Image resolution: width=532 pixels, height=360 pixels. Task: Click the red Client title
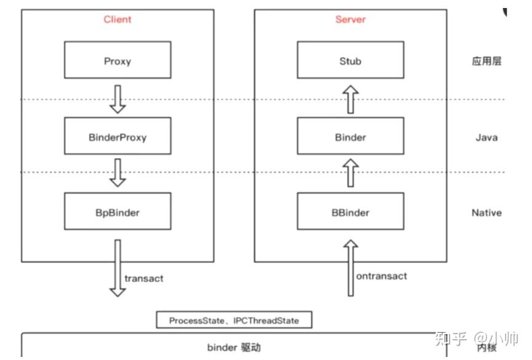tap(117, 20)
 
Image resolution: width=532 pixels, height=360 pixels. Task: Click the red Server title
tap(351, 20)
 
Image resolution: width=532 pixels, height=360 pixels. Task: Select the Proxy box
tap(117, 61)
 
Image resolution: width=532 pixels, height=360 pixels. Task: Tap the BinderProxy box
tap(117, 137)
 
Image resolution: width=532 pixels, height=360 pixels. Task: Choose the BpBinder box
tap(117, 212)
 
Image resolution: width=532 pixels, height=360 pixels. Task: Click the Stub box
tap(351, 61)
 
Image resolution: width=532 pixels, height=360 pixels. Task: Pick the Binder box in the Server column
tap(351, 137)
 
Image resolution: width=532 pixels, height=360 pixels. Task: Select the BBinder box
tap(351, 212)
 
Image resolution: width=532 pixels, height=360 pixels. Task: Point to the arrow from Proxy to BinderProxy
tap(117, 98)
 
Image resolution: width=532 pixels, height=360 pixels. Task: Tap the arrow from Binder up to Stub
tap(351, 98)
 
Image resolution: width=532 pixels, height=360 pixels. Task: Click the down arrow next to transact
tap(117, 268)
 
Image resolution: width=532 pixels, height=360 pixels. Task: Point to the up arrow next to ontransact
tap(350, 268)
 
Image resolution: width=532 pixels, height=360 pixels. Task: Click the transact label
tap(144, 278)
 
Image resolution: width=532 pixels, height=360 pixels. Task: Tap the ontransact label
tap(381, 276)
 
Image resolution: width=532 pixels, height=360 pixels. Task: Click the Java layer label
tap(486, 137)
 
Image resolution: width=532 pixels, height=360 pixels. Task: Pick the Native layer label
tap(486, 213)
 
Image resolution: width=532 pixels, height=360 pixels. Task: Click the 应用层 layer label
tap(486, 62)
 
